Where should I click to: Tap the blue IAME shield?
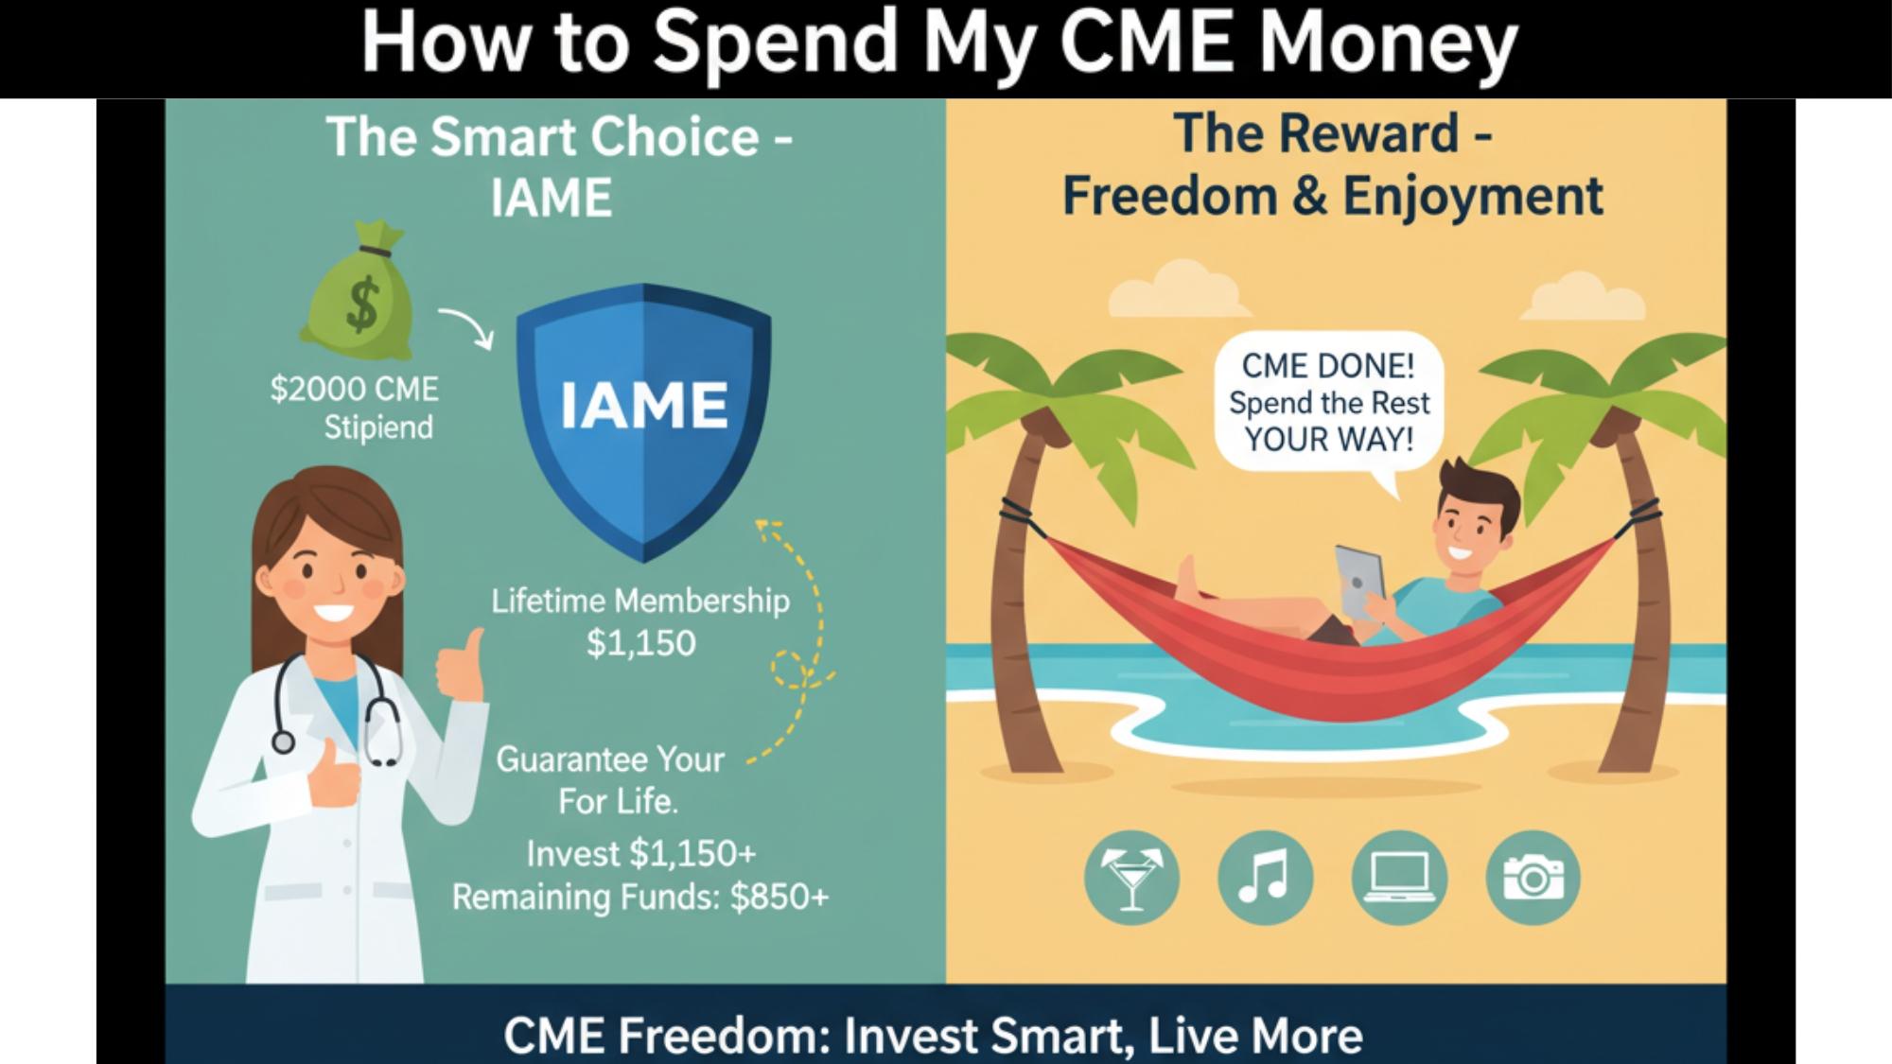tap(643, 416)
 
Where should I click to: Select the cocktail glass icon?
tap(1131, 879)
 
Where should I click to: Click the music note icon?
tap(1265, 879)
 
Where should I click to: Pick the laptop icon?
tap(1399, 879)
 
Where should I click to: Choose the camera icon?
tap(1533, 879)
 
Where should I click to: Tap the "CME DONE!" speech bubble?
tap(1328, 403)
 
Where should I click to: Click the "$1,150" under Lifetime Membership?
tap(640, 643)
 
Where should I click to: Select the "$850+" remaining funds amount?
tap(779, 897)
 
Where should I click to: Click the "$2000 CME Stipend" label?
tap(356, 408)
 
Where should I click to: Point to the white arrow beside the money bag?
tap(466, 327)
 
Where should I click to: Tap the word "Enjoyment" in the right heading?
tap(1472, 197)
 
